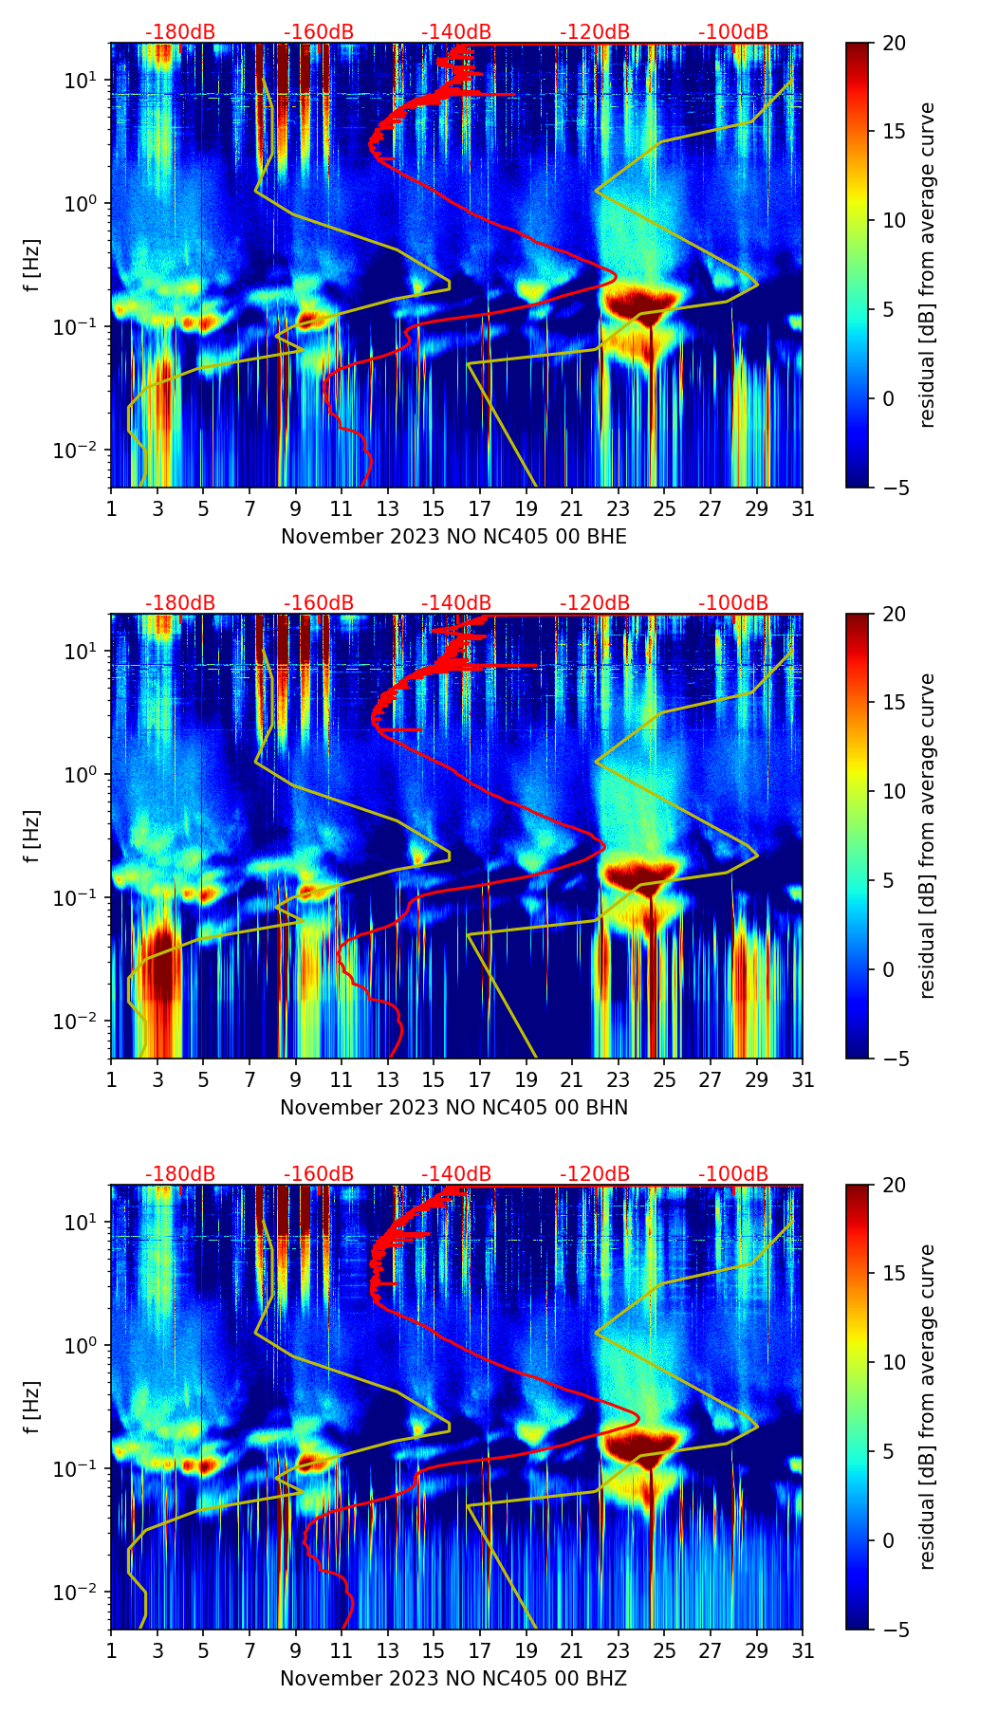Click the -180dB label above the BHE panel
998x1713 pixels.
pyautogui.click(x=180, y=32)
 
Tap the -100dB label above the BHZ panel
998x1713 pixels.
pyautogui.click(x=733, y=1174)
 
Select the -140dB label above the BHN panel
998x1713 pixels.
pyautogui.click(x=456, y=603)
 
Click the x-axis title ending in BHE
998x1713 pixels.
pyautogui.click(x=453, y=537)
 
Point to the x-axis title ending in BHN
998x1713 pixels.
pyautogui.click(x=453, y=1108)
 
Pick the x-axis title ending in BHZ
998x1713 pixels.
pyautogui.click(x=453, y=1679)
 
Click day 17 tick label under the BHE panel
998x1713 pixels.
pyautogui.click(x=480, y=508)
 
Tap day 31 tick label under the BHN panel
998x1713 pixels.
pyautogui.click(x=803, y=1079)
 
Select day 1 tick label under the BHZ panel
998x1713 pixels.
pyautogui.click(x=111, y=1650)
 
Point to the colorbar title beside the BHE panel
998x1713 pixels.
pyautogui.click(x=927, y=265)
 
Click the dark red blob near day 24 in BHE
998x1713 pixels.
pyautogui.click(x=641, y=305)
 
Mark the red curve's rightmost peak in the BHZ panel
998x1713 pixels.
pyautogui.click(x=638, y=1419)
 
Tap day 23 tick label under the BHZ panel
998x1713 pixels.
pyautogui.click(x=619, y=1650)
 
